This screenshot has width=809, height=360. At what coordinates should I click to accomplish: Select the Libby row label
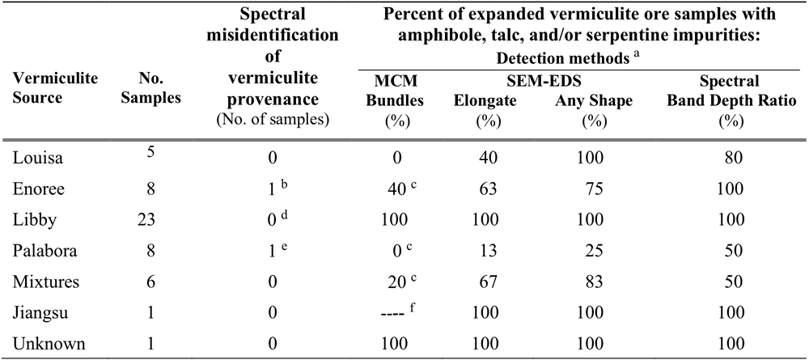click(32, 221)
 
